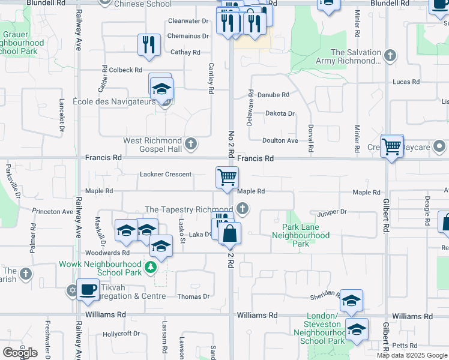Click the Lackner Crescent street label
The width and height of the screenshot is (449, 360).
165,175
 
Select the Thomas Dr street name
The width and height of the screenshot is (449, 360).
193,296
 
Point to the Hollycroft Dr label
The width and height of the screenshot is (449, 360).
121,334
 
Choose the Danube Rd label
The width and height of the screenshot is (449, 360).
273,95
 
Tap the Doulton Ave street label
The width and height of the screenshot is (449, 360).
280,140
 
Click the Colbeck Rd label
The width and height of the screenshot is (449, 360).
126,70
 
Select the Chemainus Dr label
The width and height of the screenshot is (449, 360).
188,36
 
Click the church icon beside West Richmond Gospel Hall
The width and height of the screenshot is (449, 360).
191,143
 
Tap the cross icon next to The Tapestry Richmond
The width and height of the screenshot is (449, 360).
243,209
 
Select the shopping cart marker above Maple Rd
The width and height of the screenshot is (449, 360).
228,178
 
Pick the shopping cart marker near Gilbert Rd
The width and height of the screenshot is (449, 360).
392,145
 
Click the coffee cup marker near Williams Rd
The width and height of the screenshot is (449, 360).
89,289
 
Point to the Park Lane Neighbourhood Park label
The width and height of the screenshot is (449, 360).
306,236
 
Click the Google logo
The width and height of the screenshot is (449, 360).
20,353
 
